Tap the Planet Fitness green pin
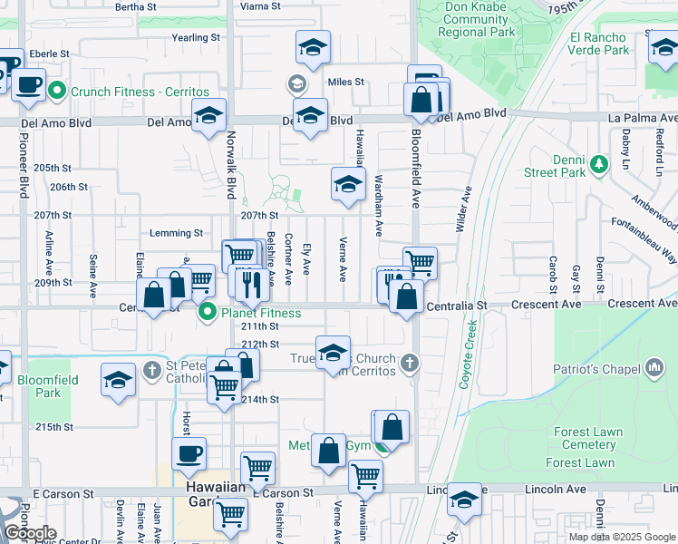(208, 314)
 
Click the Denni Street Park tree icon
(598, 163)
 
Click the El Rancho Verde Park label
(598, 44)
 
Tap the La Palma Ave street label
(643, 119)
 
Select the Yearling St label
(197, 38)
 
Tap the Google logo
(29, 533)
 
